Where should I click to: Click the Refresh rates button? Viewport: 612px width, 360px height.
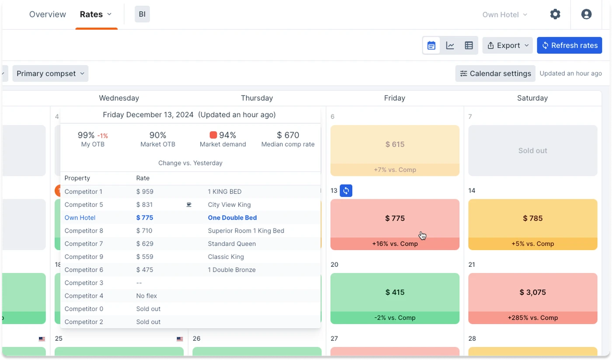click(569, 45)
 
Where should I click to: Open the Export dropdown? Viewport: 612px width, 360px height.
click(508, 45)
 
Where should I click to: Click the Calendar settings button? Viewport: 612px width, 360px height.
click(495, 73)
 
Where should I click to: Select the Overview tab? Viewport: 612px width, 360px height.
click(48, 14)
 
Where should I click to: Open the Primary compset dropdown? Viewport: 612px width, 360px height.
click(50, 73)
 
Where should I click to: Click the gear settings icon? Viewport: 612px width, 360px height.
click(555, 14)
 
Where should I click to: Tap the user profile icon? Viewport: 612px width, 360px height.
click(586, 14)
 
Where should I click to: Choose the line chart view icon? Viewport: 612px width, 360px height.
click(450, 45)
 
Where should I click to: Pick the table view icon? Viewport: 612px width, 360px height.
click(469, 45)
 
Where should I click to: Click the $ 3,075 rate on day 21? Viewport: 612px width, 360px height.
click(532, 292)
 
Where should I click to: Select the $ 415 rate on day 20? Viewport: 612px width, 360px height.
click(395, 292)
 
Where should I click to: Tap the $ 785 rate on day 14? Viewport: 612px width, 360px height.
click(532, 218)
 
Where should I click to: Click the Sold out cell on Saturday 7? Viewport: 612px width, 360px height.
click(532, 150)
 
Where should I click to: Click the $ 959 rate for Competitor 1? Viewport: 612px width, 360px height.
click(145, 192)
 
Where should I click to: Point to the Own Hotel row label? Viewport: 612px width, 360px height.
click(80, 218)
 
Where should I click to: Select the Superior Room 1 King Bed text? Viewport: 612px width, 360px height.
click(246, 231)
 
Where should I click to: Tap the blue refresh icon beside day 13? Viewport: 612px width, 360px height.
click(346, 191)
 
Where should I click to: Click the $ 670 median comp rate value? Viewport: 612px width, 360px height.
click(288, 135)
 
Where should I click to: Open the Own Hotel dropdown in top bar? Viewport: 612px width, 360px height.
click(504, 14)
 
